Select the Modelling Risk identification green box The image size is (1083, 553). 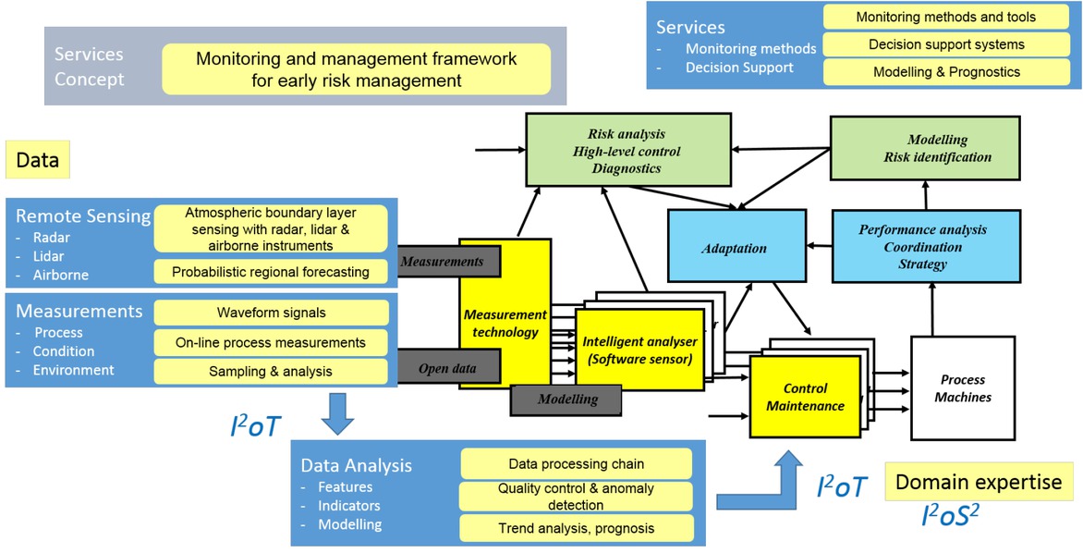click(x=924, y=148)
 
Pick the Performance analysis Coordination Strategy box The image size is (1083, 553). click(x=925, y=246)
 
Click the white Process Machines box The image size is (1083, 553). click(x=962, y=388)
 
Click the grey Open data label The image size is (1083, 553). click(x=448, y=368)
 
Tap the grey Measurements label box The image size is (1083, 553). click(x=444, y=262)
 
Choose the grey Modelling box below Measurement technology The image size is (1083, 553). click(x=566, y=399)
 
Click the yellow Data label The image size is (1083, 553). click(x=38, y=160)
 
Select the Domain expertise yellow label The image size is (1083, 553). click(x=979, y=482)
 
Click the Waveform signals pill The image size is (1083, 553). click(x=271, y=313)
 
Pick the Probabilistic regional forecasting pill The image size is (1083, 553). click(x=271, y=272)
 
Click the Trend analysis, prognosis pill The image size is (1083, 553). click(x=576, y=528)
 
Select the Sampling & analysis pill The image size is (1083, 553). click(x=271, y=372)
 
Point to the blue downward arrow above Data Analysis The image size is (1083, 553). click(x=338, y=413)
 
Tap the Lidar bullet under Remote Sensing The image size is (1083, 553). click(x=49, y=256)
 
